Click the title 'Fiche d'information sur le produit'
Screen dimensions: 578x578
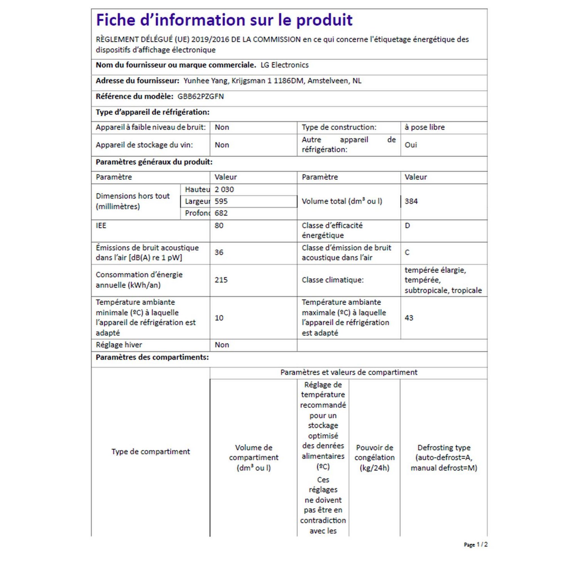224,20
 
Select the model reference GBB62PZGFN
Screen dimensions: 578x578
200,97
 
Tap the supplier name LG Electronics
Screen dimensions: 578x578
284,65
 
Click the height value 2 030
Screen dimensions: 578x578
224,189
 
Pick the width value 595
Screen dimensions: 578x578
221,201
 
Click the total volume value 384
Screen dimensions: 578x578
411,201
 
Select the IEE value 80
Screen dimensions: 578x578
219,225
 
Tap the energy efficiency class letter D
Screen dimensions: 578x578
407,225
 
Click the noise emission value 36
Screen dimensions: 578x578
219,253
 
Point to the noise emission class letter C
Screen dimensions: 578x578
407,253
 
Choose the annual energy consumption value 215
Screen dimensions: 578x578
221,280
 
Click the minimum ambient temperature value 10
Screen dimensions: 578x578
219,318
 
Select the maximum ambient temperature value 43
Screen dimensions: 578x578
409,318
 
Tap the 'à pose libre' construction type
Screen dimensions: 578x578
424,128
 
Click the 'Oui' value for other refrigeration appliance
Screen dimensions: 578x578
411,145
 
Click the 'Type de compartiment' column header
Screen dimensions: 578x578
150,452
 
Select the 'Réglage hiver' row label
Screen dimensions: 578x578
119,345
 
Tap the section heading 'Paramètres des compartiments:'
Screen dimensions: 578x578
152,357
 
